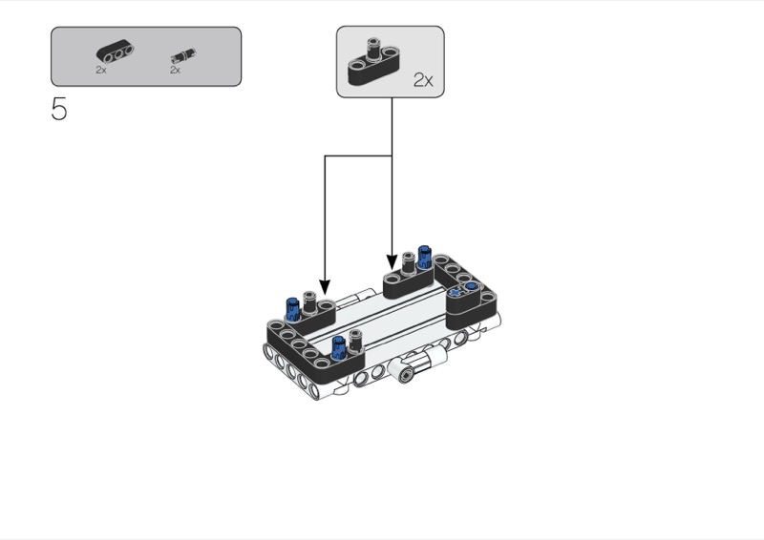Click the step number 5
(59, 109)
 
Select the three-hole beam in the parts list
(115, 53)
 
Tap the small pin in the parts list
(183, 56)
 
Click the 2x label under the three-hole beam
(101, 70)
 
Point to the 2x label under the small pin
(175, 70)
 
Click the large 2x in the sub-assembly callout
(423, 80)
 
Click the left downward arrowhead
(325, 287)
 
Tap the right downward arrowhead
(393, 262)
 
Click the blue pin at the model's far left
(292, 309)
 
